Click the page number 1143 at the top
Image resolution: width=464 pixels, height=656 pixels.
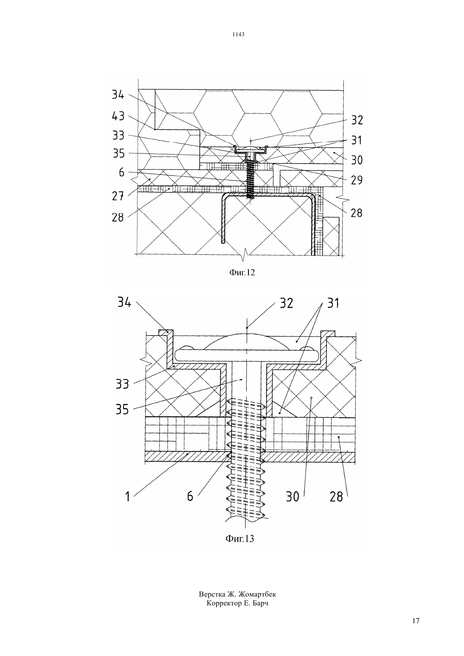point(238,34)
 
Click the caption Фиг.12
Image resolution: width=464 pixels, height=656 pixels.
point(242,273)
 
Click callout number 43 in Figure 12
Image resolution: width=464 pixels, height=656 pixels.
point(118,116)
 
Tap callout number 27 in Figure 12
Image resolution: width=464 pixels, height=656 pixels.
point(118,196)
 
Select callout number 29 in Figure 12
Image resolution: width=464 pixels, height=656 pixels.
point(357,180)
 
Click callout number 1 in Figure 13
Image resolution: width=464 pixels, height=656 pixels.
point(127,496)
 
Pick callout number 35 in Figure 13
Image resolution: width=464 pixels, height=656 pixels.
point(122,409)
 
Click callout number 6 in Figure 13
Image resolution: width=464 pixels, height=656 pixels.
point(190,496)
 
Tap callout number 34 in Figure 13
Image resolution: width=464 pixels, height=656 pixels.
point(124,302)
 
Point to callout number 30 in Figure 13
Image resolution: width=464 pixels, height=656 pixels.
point(292,497)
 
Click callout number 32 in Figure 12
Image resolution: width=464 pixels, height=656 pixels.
point(357,120)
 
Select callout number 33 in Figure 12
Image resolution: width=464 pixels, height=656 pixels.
point(119,136)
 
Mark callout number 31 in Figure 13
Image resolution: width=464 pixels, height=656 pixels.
point(333,303)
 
